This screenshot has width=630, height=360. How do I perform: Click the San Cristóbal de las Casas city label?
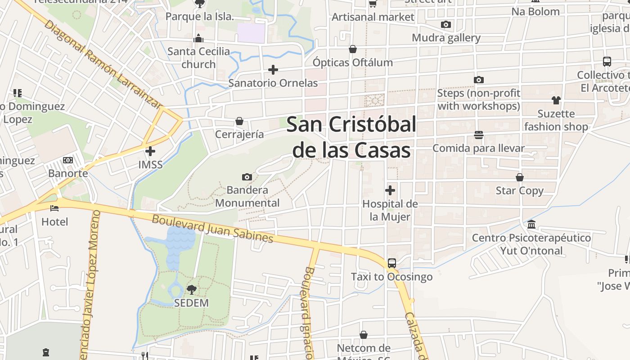pos(351,137)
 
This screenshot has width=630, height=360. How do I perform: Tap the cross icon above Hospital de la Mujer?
pos(390,190)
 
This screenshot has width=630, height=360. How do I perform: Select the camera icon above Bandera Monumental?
pos(247,177)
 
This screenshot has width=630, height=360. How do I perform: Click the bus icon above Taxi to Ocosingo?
pos(391,263)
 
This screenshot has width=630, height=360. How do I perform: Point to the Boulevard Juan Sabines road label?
pos(212,229)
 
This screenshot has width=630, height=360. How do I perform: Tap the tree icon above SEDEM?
pos(191,289)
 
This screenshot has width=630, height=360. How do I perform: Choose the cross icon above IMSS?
pos(150,151)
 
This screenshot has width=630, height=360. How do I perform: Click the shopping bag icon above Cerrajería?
pos(239,121)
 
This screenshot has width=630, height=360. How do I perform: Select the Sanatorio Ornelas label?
pos(273,83)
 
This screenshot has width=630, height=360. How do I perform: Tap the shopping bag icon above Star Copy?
pos(520,177)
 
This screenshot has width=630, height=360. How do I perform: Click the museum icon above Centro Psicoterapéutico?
pos(531,224)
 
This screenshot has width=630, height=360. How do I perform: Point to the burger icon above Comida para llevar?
pos(478,135)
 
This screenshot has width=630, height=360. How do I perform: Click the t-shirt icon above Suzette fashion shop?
pos(556,100)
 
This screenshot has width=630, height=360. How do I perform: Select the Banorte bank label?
pos(68,173)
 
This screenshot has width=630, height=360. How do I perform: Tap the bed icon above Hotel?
pos(54,208)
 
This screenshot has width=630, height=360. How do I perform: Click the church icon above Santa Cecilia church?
pos(198,39)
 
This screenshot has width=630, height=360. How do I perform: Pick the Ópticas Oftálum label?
pos(353,63)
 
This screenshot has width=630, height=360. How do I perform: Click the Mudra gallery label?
pos(446,38)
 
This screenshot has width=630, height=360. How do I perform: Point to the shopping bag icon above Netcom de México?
pos(364,335)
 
